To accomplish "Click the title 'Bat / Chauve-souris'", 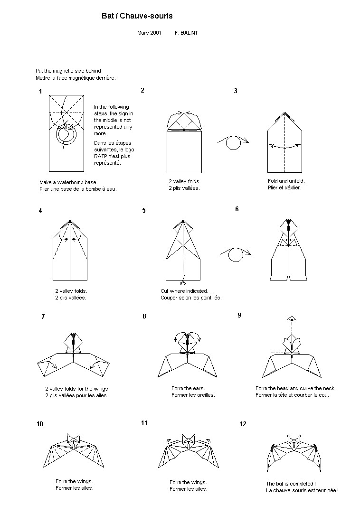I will tap(137, 16).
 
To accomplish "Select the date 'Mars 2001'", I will tap(149, 33).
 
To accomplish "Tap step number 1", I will tap(41, 92).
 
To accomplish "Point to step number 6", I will tap(237, 209).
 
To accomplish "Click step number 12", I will tap(243, 424).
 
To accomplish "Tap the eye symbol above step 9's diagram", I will tap(292, 318).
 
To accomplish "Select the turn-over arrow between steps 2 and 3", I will tap(233, 141).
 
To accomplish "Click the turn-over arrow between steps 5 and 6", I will tap(236, 255).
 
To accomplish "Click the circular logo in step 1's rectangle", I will tap(66, 135).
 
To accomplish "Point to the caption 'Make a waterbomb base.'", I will tap(68, 182).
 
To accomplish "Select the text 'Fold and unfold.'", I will tap(286, 181).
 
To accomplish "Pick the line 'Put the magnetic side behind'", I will tap(68, 71).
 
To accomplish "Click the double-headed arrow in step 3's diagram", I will tap(285, 146).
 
